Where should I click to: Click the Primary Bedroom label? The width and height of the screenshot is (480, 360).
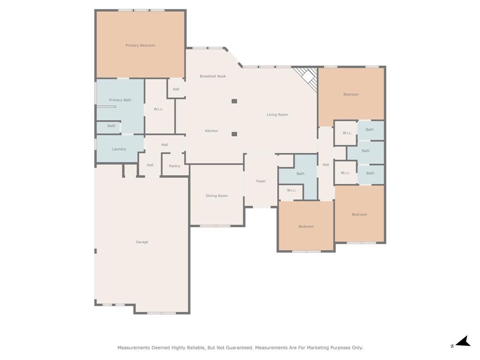pyautogui.click(x=140, y=45)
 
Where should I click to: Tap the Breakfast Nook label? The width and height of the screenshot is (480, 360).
pyautogui.click(x=213, y=76)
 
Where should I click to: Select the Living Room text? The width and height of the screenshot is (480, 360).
pyautogui.click(x=277, y=115)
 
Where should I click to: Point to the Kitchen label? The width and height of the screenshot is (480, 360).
pyautogui.click(x=211, y=131)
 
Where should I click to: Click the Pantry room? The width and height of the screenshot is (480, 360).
pyautogui.click(x=174, y=166)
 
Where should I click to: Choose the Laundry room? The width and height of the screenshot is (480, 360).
pyautogui.click(x=119, y=149)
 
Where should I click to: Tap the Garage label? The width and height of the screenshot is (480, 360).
pyautogui.click(x=142, y=242)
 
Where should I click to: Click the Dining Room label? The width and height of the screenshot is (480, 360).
pyautogui.click(x=217, y=196)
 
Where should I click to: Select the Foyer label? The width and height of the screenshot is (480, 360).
pyautogui.click(x=261, y=181)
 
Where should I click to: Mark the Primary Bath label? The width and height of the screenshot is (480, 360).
pyautogui.click(x=120, y=100)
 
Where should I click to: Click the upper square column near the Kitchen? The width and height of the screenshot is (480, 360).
pyautogui.click(x=234, y=101)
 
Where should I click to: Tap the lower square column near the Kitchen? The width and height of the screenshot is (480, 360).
pyautogui.click(x=234, y=134)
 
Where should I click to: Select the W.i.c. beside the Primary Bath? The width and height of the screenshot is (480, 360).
pyautogui.click(x=158, y=109)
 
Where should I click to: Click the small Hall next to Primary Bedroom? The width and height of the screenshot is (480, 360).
pyautogui.click(x=176, y=89)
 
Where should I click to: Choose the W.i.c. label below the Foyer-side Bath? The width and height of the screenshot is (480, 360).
pyautogui.click(x=292, y=190)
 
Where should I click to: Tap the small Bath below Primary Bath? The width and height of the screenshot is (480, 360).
pyautogui.click(x=111, y=126)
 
